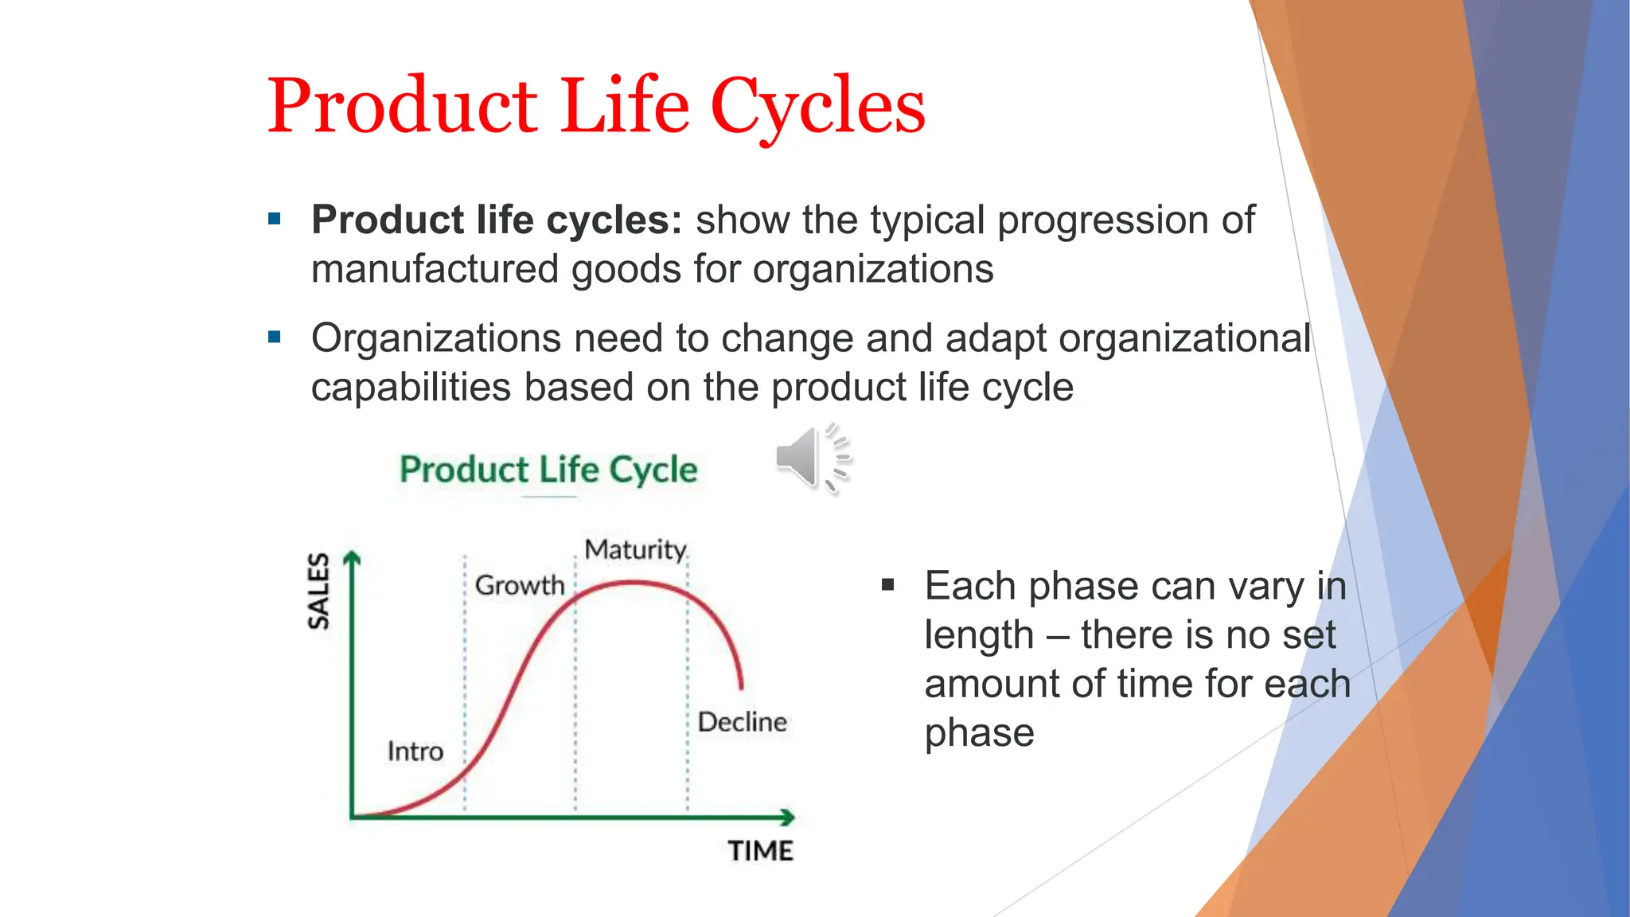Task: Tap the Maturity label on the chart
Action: point(635,549)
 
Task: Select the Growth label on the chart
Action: point(520,585)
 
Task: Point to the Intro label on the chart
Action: point(415,751)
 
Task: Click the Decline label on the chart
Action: point(742,722)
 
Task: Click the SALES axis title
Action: point(318,591)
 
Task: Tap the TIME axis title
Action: point(760,851)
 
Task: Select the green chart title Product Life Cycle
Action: point(548,469)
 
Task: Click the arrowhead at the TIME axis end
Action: point(788,817)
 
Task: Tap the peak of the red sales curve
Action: point(633,583)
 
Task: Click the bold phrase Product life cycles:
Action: point(497,220)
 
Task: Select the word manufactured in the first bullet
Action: point(435,269)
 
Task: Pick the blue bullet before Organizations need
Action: point(275,338)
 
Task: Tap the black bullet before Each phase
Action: point(888,586)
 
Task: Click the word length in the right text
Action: point(978,635)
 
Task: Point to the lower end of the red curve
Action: point(742,686)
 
